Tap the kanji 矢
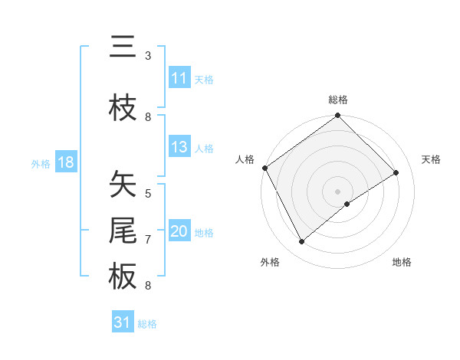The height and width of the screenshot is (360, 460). tap(123, 185)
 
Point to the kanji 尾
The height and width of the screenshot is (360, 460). tap(123, 231)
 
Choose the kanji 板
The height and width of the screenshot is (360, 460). tap(123, 277)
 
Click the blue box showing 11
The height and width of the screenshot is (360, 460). tap(179, 78)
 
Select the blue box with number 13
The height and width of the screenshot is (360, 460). tap(179, 148)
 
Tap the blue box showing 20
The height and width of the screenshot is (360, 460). tap(179, 232)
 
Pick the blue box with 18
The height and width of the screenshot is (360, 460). tap(65, 162)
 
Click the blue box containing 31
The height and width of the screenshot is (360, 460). tap(123, 322)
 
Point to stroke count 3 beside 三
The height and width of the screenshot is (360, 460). tap(148, 56)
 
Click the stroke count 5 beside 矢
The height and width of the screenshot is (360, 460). tap(148, 194)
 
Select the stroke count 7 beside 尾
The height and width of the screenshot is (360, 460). tap(148, 240)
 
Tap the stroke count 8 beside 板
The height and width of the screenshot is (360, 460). tap(148, 286)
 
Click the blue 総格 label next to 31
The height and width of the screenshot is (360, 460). tap(147, 324)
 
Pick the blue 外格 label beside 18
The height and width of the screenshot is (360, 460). tap(41, 163)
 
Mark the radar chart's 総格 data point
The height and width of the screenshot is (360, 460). tap(337, 116)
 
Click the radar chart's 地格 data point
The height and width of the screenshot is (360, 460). tap(347, 204)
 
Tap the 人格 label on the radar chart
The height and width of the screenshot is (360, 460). tap(245, 159)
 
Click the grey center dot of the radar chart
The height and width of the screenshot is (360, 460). tap(337, 191)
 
